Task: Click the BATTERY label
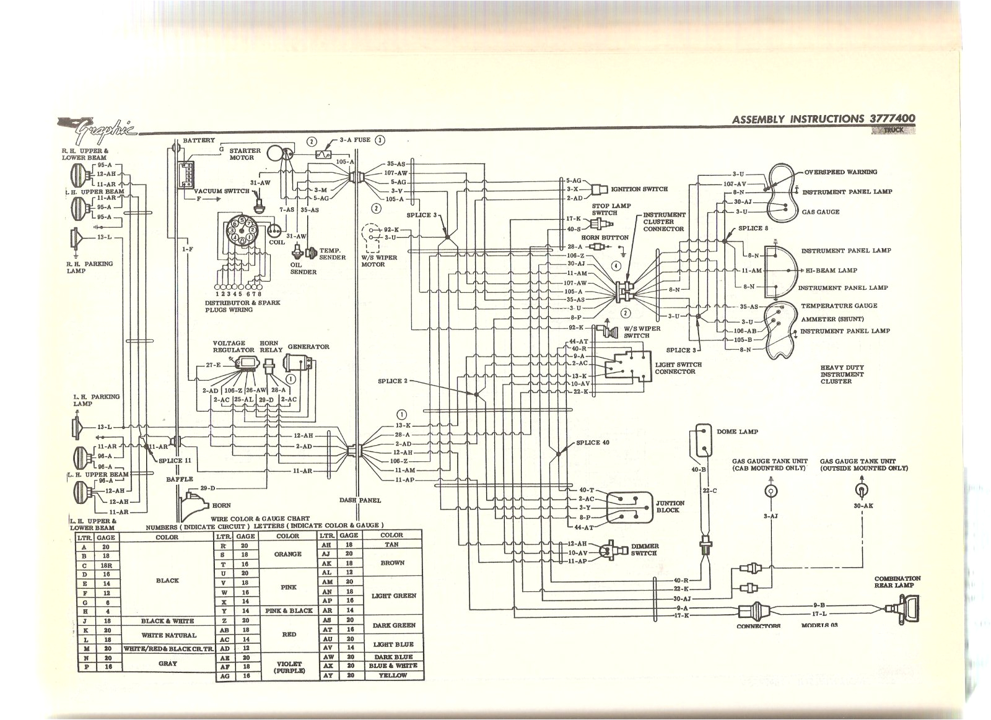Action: tap(199, 141)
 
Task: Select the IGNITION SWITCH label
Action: tap(639, 189)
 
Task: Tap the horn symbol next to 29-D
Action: tap(189, 502)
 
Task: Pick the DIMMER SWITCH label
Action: tap(644, 550)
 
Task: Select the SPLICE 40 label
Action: tap(593, 443)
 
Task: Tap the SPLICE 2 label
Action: tap(393, 381)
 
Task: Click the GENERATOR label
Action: tap(308, 347)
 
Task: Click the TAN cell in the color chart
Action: tap(391, 545)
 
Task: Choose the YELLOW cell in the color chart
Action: tap(391, 675)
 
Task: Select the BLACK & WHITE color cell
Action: tap(167, 621)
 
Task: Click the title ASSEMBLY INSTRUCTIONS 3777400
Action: tap(823, 119)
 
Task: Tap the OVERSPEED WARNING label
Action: tap(840, 172)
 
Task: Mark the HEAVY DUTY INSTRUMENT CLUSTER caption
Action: tap(842, 375)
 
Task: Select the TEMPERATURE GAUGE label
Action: tap(839, 306)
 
